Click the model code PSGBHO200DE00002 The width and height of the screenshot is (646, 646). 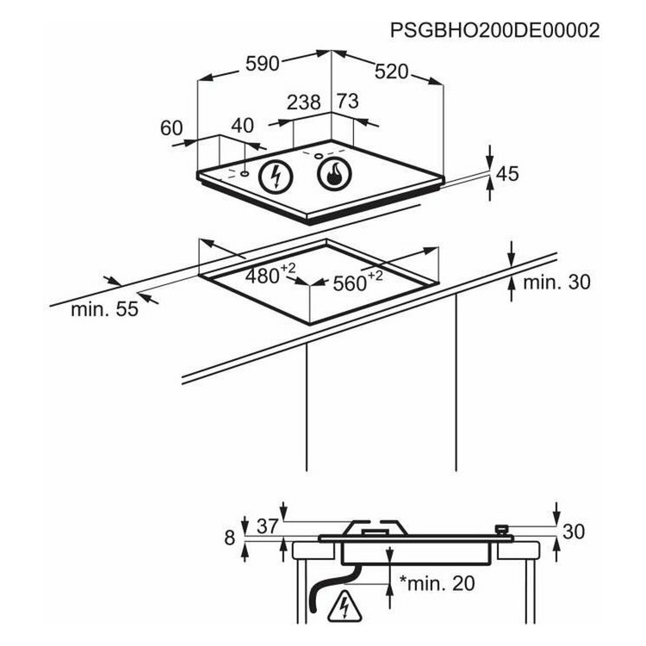click(x=494, y=30)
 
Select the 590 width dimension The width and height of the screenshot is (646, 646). click(x=263, y=64)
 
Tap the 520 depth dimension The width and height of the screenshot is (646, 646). click(x=391, y=71)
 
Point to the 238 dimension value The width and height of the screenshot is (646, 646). click(x=304, y=102)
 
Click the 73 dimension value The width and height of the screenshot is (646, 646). click(x=348, y=101)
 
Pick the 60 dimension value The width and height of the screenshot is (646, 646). click(x=171, y=127)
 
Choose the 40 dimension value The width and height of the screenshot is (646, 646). click(x=242, y=126)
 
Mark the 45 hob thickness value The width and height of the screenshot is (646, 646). click(x=507, y=174)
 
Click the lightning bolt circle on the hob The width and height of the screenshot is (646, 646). click(x=276, y=177)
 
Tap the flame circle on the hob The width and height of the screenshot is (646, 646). click(x=334, y=174)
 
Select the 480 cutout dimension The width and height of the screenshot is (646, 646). click(x=270, y=275)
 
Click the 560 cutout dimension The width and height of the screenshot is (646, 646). click(x=357, y=282)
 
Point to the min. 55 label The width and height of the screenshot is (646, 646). click(x=104, y=308)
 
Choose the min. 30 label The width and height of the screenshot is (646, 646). click(x=556, y=283)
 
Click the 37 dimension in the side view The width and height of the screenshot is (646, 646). click(x=268, y=526)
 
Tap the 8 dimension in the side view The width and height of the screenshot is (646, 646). click(x=229, y=537)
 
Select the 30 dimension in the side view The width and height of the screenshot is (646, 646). click(x=574, y=531)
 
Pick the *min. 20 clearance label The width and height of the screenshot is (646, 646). click(x=437, y=582)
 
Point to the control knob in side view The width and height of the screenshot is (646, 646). click(x=501, y=530)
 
